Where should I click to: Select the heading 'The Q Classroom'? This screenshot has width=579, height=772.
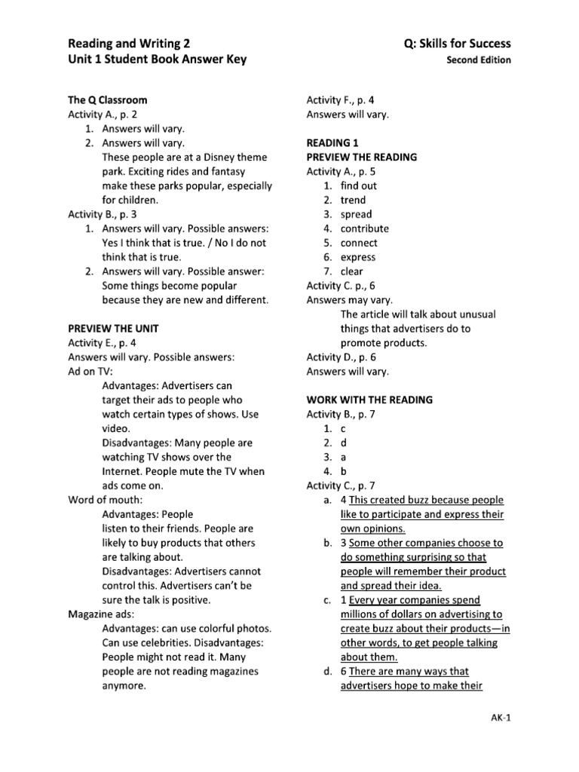pyautogui.click(x=108, y=100)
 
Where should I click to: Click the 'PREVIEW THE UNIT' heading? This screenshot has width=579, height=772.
pyautogui.click(x=112, y=328)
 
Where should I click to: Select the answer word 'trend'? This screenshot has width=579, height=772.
pyautogui.click(x=353, y=200)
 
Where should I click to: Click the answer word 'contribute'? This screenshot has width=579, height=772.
pyautogui.click(x=364, y=228)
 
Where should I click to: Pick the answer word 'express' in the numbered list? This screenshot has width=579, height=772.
pyautogui.click(x=357, y=257)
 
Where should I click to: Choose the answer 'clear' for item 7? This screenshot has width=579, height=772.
pyautogui.click(x=351, y=271)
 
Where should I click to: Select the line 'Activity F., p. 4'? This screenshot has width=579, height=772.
pyautogui.click(x=340, y=100)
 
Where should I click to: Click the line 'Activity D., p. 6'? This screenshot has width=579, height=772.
pyautogui.click(x=342, y=357)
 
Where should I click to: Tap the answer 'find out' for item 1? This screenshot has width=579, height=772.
pyautogui.click(x=359, y=185)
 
